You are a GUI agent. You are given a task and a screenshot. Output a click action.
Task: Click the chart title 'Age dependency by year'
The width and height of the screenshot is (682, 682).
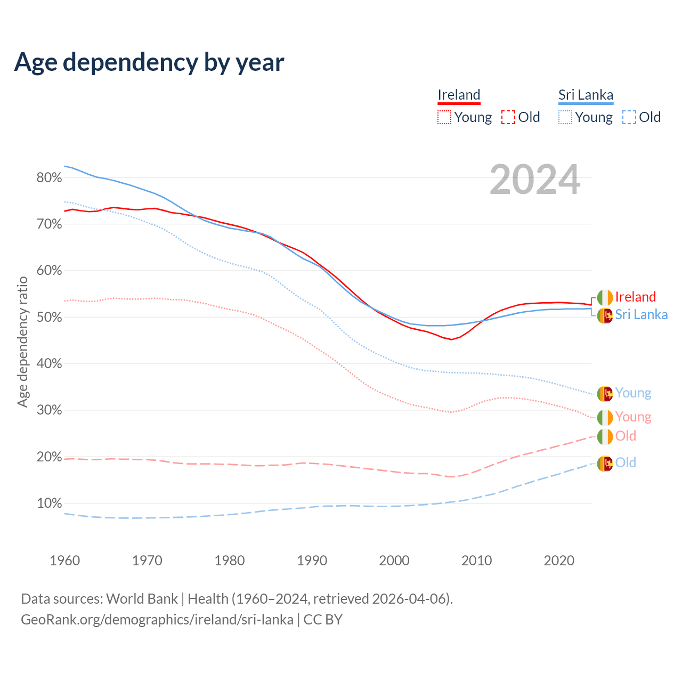pos(149,62)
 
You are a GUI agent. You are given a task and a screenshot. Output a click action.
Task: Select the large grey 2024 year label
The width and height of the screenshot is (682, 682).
pos(534,180)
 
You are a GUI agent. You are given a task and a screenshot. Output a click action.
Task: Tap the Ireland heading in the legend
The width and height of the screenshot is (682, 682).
pos(459,95)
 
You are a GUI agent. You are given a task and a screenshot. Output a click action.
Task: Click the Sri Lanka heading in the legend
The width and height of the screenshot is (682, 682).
pos(586,95)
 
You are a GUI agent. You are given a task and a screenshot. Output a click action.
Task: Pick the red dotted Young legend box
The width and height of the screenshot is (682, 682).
pos(444,117)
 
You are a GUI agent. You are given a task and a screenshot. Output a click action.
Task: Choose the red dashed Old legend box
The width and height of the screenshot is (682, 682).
pos(508,117)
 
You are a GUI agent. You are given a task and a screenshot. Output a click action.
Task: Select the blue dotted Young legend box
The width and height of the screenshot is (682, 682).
pos(565,117)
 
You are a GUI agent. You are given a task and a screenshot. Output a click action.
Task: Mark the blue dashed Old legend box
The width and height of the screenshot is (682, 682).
pos(629,117)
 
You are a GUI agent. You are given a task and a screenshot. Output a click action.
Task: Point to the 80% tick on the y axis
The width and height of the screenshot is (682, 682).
pos(49,178)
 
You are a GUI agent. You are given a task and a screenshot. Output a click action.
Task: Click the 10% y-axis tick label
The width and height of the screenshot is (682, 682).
pos(49,504)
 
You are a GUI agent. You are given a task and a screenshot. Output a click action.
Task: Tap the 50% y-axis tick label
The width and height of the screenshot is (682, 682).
pos(49,318)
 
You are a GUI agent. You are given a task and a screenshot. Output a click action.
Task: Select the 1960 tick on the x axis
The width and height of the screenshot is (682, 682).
pos(64,561)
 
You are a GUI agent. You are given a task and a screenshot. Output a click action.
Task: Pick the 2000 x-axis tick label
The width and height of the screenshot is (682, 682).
pos(394,561)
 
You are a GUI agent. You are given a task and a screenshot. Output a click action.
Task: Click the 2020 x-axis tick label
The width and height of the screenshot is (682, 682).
pos(559,561)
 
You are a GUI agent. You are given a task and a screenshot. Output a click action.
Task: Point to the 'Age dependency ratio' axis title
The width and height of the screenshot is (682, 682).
pos(22,342)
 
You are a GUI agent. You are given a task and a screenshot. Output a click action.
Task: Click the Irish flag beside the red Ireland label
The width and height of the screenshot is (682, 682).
pos(605,297)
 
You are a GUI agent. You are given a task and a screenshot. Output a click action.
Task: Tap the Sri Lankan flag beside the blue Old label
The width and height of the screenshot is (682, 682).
pos(605,464)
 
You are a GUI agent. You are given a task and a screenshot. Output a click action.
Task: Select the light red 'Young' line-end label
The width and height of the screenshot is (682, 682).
pos(633,417)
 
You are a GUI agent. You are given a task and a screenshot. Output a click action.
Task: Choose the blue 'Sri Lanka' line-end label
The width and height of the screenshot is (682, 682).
pos(641,315)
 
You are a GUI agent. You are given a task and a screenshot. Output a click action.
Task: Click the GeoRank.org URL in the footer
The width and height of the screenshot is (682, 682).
pos(157,620)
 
